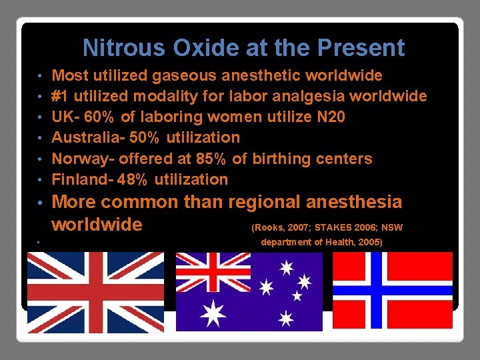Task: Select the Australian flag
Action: (249, 292)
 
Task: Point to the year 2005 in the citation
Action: (369, 242)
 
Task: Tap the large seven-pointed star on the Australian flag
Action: (215, 312)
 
